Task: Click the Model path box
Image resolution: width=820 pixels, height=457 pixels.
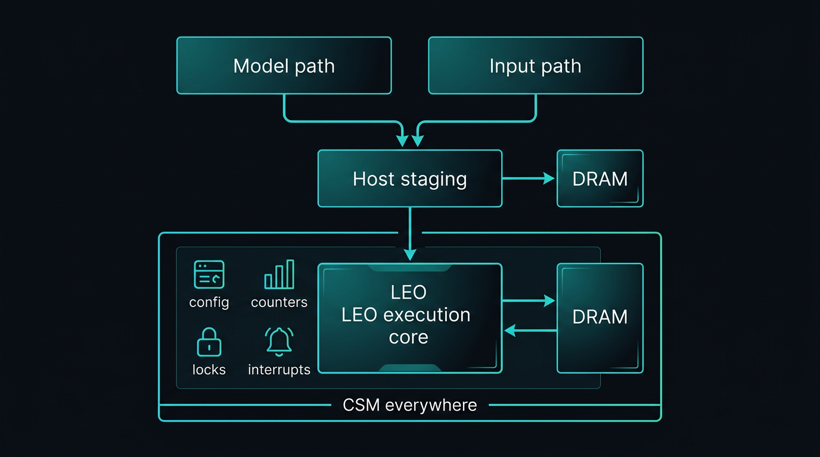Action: [284, 65]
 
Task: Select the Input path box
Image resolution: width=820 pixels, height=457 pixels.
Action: [535, 65]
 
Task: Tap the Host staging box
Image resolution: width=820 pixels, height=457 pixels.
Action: [409, 179]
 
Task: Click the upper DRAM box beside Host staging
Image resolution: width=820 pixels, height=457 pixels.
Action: [600, 179]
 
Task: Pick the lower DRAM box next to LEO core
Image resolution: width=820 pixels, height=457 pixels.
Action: [600, 318]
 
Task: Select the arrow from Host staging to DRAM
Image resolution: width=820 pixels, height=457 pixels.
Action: [528, 179]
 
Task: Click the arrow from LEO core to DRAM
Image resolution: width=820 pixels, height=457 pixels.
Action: [528, 301]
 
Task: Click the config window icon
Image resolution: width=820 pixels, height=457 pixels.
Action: [209, 275]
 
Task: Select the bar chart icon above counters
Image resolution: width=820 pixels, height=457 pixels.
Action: [279, 274]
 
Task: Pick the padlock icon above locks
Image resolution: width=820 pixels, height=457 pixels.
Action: [209, 342]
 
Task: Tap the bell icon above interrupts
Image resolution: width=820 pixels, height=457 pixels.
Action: [279, 342]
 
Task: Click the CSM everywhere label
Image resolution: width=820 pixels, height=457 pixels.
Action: [409, 406]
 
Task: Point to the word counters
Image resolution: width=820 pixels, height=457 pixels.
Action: [279, 302]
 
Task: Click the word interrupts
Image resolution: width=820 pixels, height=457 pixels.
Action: [279, 370]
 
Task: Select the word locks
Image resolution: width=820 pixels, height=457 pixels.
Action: [209, 370]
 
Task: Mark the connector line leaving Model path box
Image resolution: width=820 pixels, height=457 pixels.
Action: [285, 108]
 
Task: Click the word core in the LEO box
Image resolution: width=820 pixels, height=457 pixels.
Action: [408, 337]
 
